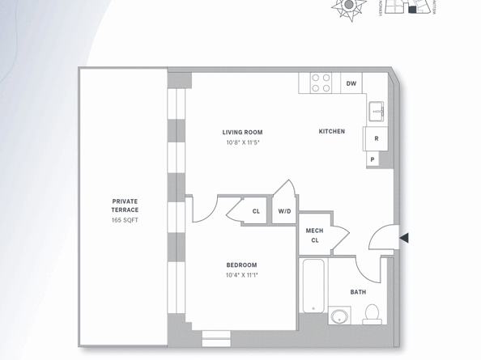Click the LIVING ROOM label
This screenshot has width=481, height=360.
243,132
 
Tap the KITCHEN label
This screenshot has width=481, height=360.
331,131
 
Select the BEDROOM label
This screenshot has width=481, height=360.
241,265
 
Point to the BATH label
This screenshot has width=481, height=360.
358,292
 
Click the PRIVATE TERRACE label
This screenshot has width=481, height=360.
126,205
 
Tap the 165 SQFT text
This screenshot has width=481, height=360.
126,219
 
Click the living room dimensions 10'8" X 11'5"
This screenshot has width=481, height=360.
243,142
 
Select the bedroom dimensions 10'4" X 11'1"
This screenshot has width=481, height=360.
241,275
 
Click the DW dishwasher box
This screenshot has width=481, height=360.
351,83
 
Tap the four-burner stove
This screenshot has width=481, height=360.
321,83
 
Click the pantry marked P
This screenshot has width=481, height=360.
372,159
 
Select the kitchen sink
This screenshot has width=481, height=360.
377,112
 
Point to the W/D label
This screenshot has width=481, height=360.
284,211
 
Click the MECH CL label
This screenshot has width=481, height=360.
314,235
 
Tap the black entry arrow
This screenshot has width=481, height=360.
404,238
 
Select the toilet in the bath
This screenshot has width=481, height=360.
372,313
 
